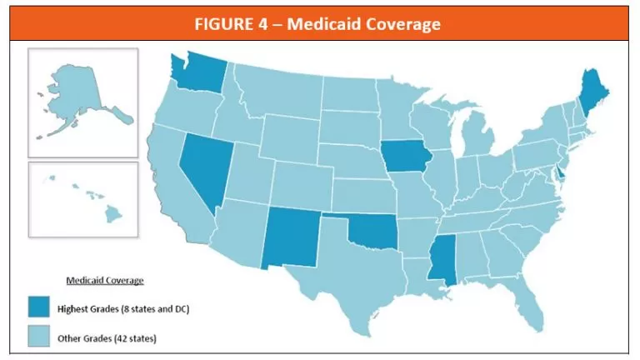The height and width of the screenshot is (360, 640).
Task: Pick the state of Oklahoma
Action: click(x=371, y=231)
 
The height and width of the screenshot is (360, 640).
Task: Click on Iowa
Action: click(x=404, y=158)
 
